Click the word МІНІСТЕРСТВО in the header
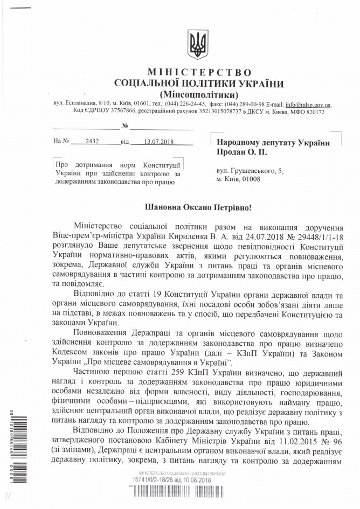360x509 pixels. click(195, 73)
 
